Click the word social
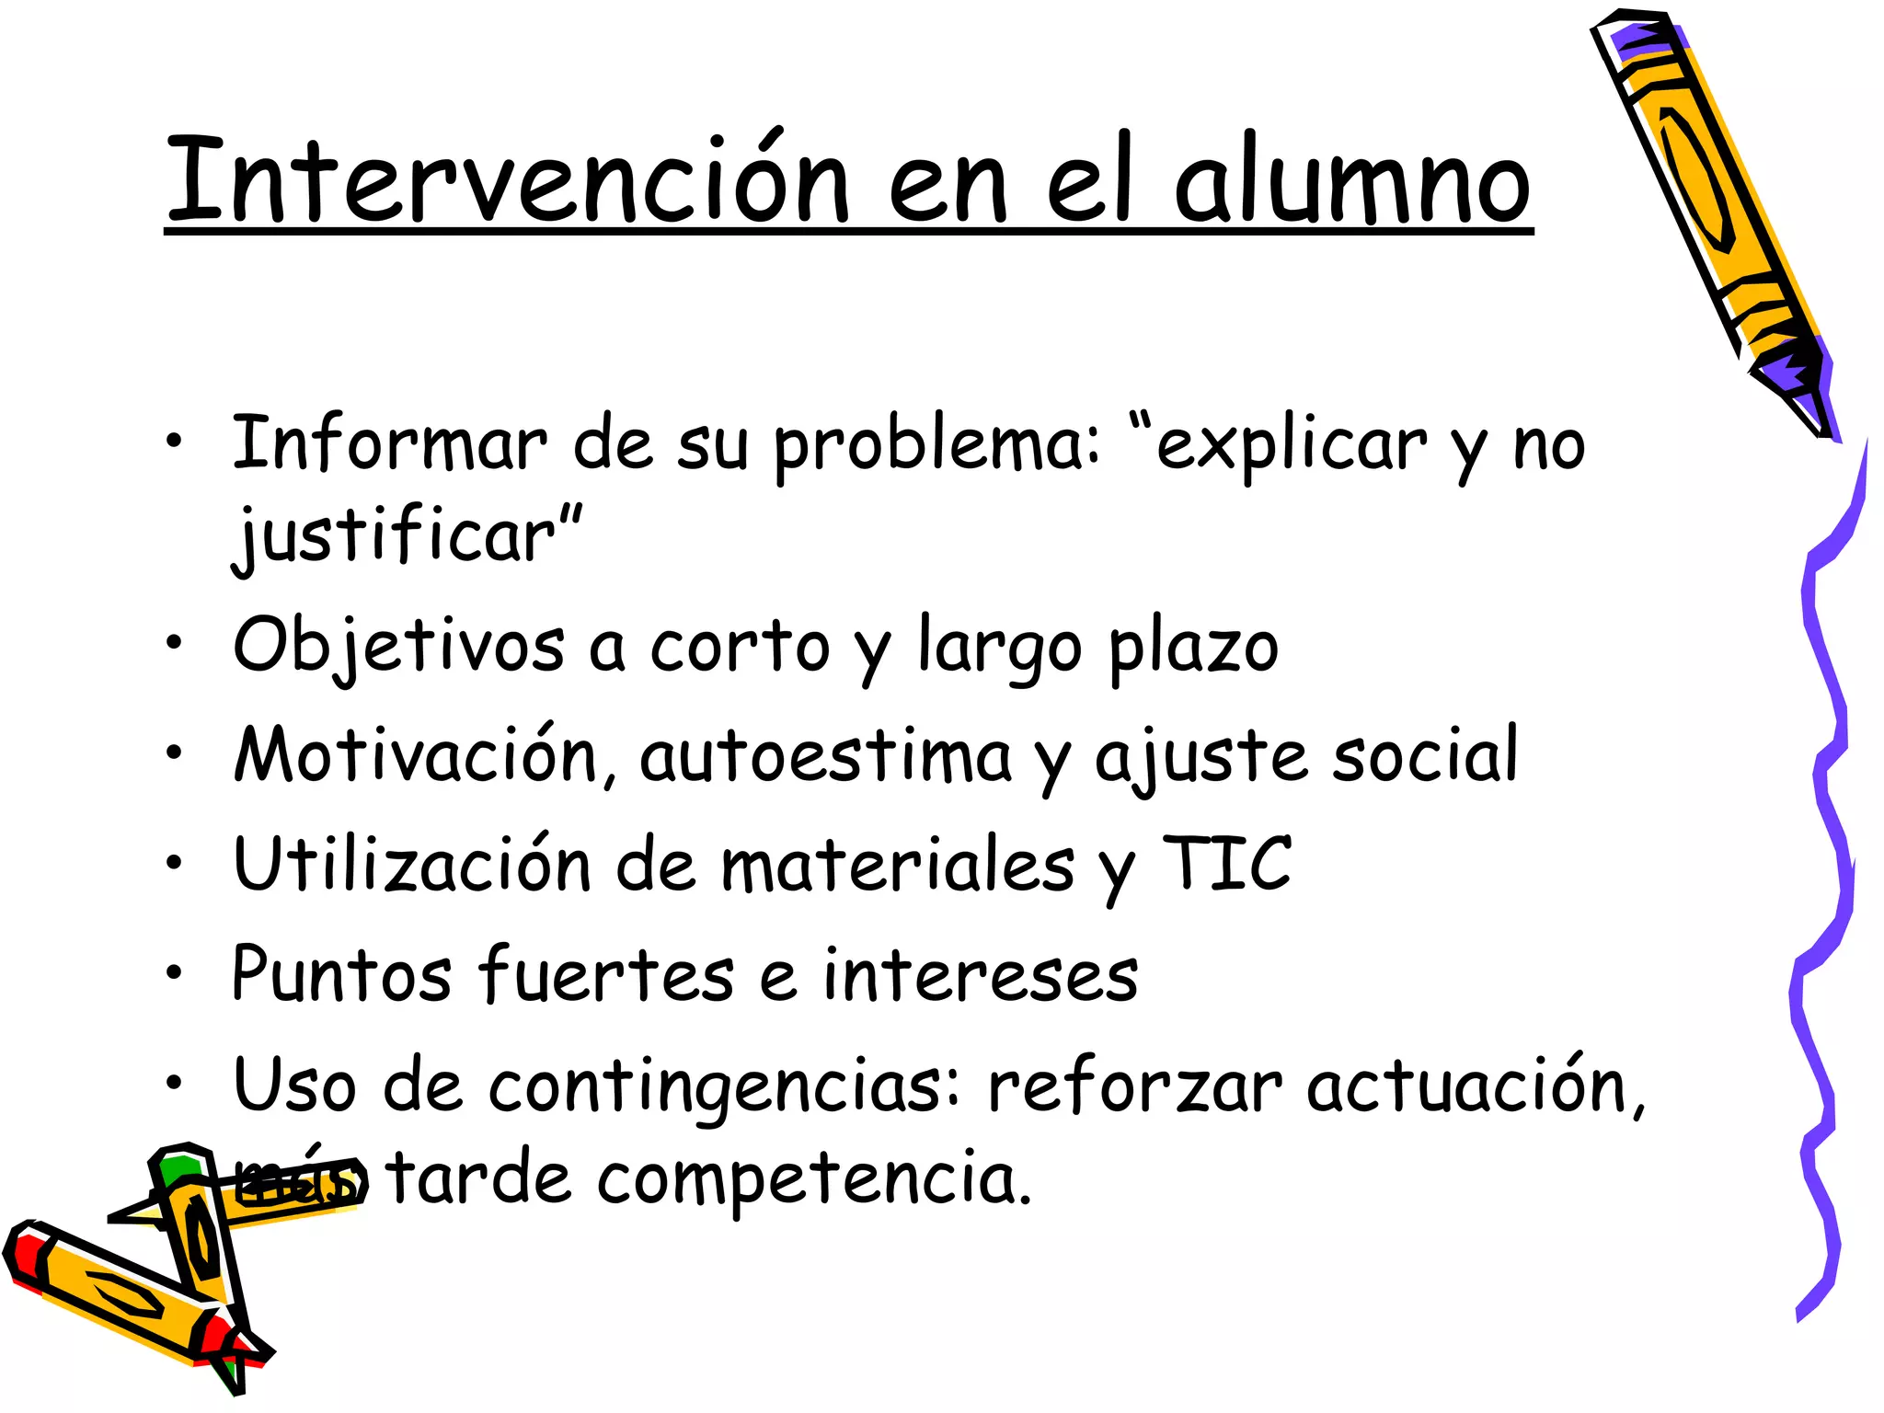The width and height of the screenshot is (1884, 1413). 1425,756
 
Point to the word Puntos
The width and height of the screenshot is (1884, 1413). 341,974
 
